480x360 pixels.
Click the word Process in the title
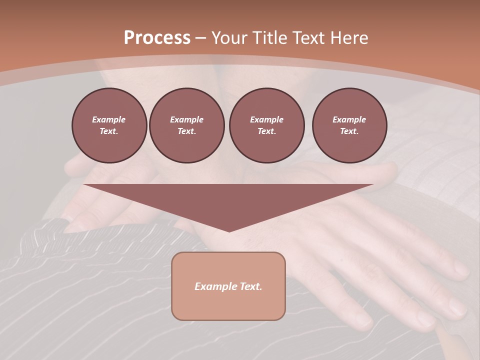point(157,38)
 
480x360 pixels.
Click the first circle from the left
point(109,125)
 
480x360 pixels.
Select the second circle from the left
point(187,125)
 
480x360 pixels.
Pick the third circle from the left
point(267,125)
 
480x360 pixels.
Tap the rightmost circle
point(349,125)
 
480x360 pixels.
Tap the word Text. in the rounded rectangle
point(249,286)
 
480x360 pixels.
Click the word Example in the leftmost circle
point(109,119)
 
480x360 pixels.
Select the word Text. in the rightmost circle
point(349,131)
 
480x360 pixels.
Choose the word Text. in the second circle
point(187,131)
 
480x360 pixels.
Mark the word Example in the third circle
point(267,119)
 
